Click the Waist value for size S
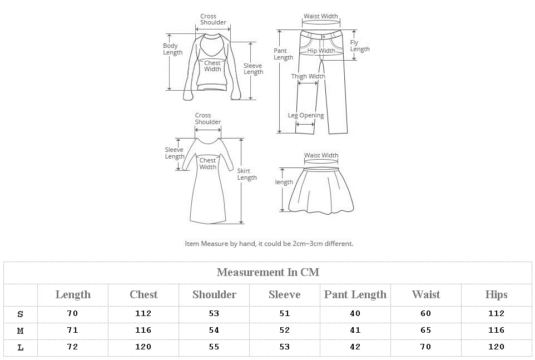point(425,313)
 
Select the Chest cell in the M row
point(143,330)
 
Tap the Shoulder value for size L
point(214,347)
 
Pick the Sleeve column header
point(284,294)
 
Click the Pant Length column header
point(355,294)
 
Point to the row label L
point(21,347)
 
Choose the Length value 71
point(72,330)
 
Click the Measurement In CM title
point(267,272)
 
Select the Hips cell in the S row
point(496,313)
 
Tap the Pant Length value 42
point(355,347)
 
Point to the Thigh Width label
point(308,76)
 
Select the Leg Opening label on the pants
point(305,115)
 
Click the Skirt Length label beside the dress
point(247,174)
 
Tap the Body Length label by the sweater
point(172,49)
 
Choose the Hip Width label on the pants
point(321,51)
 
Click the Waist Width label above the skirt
point(321,155)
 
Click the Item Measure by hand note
point(269,243)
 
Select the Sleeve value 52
point(284,330)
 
